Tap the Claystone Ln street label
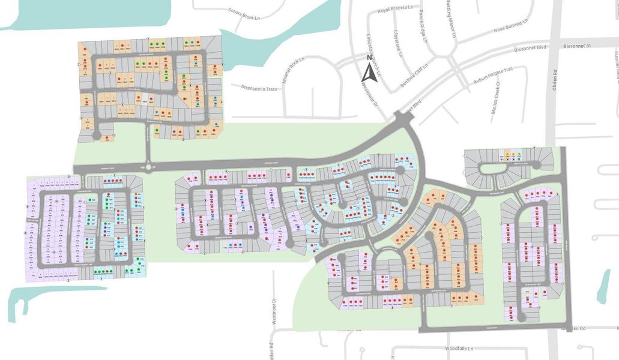tap(397, 44)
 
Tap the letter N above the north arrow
tap(369, 58)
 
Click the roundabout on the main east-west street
tap(147, 167)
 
